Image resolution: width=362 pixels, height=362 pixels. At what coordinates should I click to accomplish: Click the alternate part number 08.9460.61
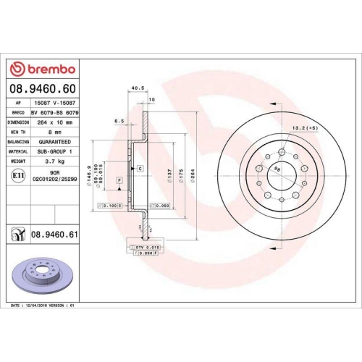55,235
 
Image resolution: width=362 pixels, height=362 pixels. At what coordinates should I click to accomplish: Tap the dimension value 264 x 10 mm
54,122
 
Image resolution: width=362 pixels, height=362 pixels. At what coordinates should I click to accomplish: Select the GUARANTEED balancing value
54,141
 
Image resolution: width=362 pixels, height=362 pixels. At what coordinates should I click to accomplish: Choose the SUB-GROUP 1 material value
54,151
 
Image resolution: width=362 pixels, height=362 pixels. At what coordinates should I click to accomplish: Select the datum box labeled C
139,168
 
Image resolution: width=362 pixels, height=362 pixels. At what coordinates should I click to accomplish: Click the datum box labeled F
119,179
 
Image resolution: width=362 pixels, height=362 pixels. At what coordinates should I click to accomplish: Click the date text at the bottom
44,306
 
